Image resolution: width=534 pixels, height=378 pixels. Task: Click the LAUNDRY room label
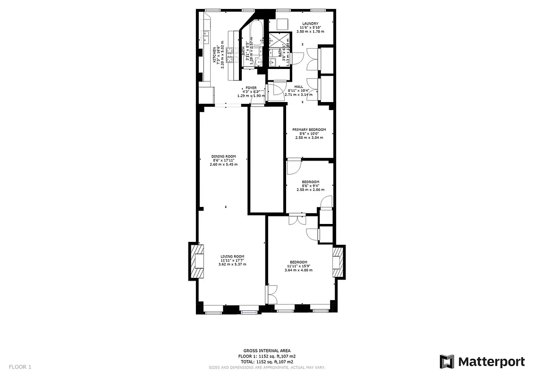coord(310,24)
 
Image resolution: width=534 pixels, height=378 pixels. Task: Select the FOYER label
coord(251,88)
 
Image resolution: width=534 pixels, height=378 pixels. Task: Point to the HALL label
coord(298,86)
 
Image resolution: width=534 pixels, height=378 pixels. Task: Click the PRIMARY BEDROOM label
coord(309,129)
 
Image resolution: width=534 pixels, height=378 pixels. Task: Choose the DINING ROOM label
coord(223,156)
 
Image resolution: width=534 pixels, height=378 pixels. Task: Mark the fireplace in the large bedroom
coord(338,261)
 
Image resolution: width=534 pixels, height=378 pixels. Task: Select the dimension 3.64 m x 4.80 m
coord(298,270)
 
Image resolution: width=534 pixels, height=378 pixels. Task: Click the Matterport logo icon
coord(447,362)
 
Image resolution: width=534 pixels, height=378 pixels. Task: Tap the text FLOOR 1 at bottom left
coord(20,367)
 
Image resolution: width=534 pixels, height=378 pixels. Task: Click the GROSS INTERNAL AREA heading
coord(267,351)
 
